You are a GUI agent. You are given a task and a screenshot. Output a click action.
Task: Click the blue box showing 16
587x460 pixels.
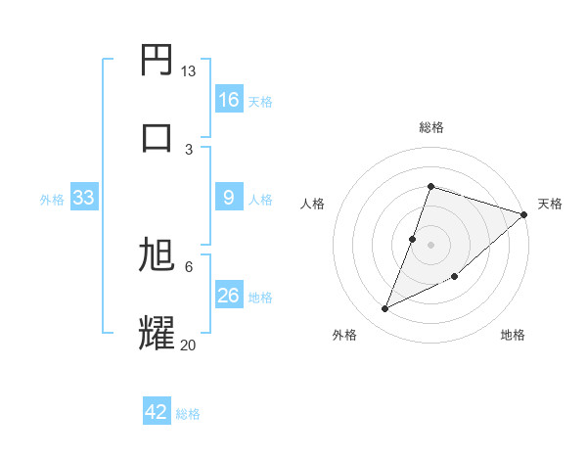point(228,99)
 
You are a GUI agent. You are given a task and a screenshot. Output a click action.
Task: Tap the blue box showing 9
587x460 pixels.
point(228,198)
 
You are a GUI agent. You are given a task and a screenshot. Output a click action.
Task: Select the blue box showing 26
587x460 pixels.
point(228,296)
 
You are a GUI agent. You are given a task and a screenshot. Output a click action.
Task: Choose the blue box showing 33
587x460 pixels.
point(83,198)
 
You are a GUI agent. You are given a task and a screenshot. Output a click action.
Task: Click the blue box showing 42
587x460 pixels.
point(157,412)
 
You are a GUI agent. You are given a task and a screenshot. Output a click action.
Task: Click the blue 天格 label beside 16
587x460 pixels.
point(260,101)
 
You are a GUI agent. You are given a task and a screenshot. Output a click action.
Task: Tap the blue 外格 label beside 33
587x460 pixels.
point(52,199)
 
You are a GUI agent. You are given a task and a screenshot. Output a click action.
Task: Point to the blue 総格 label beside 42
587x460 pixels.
point(188,414)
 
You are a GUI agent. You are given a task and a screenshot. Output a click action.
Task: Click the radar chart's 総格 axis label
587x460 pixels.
point(430,127)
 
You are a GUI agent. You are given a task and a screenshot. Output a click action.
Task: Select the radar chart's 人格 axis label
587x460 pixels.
point(312,204)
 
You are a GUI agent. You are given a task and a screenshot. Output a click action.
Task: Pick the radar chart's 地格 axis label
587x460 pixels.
point(513,336)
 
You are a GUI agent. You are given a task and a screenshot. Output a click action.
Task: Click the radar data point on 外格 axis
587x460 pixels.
point(385,309)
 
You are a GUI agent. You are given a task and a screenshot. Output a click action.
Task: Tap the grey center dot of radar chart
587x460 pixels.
point(430,244)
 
